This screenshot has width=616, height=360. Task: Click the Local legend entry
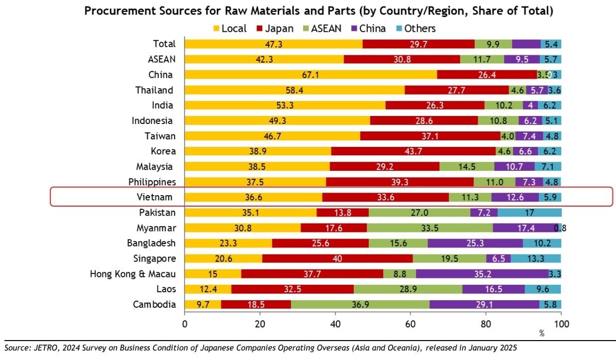tap(229, 28)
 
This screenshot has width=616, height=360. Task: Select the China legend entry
tap(367, 28)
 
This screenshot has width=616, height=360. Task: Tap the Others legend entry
tap(415, 28)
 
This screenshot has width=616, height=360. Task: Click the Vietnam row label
tap(155, 197)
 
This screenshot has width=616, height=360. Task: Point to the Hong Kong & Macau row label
tap(133, 273)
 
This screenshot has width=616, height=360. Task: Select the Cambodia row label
tap(154, 304)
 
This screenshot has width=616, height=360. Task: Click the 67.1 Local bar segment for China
tap(310, 75)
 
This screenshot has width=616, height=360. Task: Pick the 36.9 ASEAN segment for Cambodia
tap(360, 304)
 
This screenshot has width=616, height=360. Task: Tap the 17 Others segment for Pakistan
tap(529, 213)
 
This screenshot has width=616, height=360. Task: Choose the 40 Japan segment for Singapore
tap(337, 258)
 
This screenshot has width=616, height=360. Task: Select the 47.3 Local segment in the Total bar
tap(274, 44)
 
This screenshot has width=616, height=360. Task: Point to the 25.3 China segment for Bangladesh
tap(475, 243)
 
